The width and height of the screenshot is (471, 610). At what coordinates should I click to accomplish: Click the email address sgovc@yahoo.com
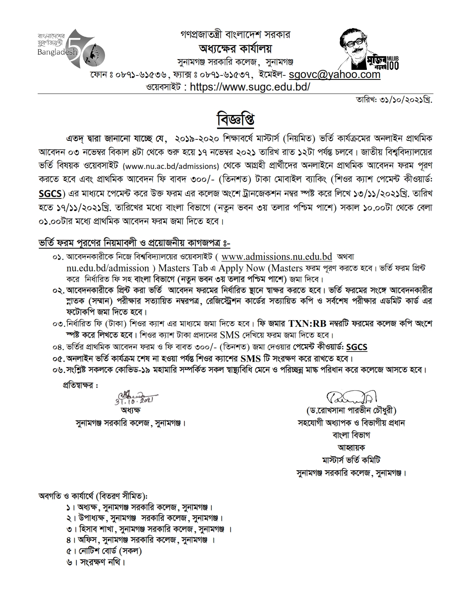[334, 74]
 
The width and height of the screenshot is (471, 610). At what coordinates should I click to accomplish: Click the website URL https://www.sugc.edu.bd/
[250, 87]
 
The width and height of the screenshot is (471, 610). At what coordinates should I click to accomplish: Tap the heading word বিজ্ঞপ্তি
[235, 120]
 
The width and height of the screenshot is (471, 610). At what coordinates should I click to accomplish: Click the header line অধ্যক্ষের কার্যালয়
[235, 48]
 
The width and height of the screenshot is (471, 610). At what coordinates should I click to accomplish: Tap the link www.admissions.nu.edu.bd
[277, 257]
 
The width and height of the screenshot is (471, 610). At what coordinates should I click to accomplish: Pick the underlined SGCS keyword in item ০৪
[357, 347]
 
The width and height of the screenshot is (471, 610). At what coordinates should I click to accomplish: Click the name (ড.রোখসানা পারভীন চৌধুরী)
[351, 410]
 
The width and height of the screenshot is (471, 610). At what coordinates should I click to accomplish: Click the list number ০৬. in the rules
[58, 370]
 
